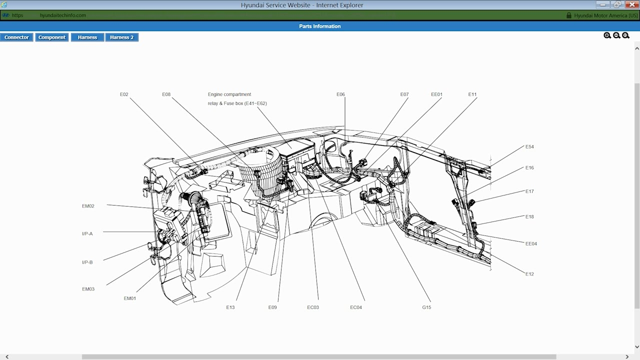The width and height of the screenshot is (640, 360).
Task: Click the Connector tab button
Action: [x=16, y=37]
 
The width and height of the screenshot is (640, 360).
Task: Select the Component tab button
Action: [x=52, y=37]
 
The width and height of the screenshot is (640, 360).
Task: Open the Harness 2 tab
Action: [x=121, y=37]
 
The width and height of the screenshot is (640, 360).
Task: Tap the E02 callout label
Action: [x=124, y=94]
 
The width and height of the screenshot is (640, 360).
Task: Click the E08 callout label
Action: [x=166, y=94]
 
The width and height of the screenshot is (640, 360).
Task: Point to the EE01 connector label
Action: [x=436, y=94]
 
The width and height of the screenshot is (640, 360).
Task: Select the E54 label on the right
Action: [x=529, y=147]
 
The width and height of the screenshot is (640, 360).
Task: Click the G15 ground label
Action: [x=426, y=307]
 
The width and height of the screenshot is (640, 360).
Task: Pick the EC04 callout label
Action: [x=356, y=307]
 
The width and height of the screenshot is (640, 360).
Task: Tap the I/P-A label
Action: [x=87, y=234]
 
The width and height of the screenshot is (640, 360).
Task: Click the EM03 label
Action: [x=88, y=289]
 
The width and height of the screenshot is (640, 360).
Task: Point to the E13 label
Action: [x=230, y=307]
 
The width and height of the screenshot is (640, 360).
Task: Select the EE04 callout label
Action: [x=531, y=244]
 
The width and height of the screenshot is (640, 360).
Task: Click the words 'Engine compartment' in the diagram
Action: [x=229, y=94]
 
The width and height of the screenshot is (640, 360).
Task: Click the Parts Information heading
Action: [x=320, y=26]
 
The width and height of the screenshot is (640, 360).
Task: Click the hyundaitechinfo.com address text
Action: [x=62, y=15]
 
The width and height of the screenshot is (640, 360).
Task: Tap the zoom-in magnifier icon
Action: [x=607, y=35]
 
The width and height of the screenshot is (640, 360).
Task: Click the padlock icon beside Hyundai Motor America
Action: [x=568, y=15]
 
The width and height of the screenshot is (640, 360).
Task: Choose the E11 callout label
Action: [x=472, y=94]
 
